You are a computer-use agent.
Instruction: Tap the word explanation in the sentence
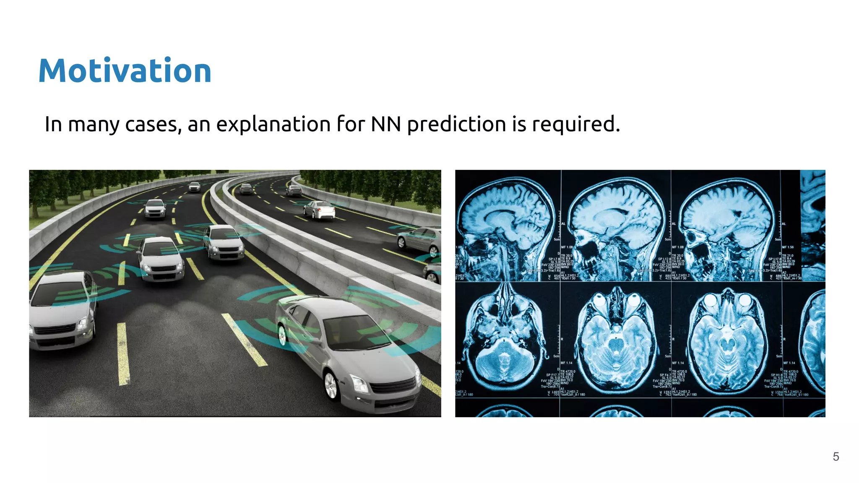click(x=273, y=125)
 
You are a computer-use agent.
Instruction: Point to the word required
click(x=575, y=125)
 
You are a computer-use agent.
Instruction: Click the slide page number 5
click(x=836, y=457)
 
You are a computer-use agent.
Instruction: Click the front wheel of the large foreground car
click(x=331, y=385)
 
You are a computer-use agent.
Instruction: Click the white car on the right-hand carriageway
click(x=320, y=210)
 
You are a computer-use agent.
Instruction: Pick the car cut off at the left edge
click(x=61, y=310)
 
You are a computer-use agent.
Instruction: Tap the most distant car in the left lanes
click(x=194, y=187)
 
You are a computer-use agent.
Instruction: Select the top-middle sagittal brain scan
click(x=617, y=226)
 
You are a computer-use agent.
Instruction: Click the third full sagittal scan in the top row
click(x=728, y=226)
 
